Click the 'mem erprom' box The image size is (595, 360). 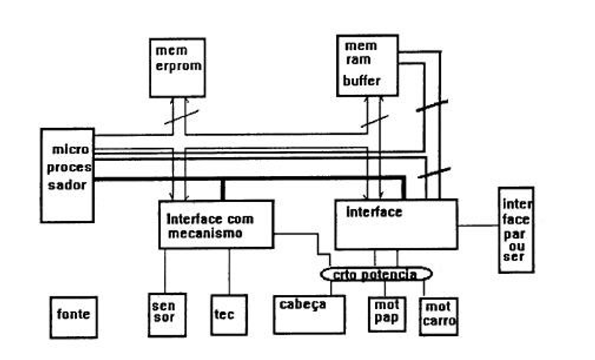coord(177,67)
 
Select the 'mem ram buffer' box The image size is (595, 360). coord(367,65)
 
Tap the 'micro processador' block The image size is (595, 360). coord(67,174)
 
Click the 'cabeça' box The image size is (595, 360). coord(309,314)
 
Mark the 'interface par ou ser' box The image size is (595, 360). coord(516,229)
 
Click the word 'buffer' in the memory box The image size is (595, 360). coord(362,80)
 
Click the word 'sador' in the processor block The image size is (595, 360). coord(68,185)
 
